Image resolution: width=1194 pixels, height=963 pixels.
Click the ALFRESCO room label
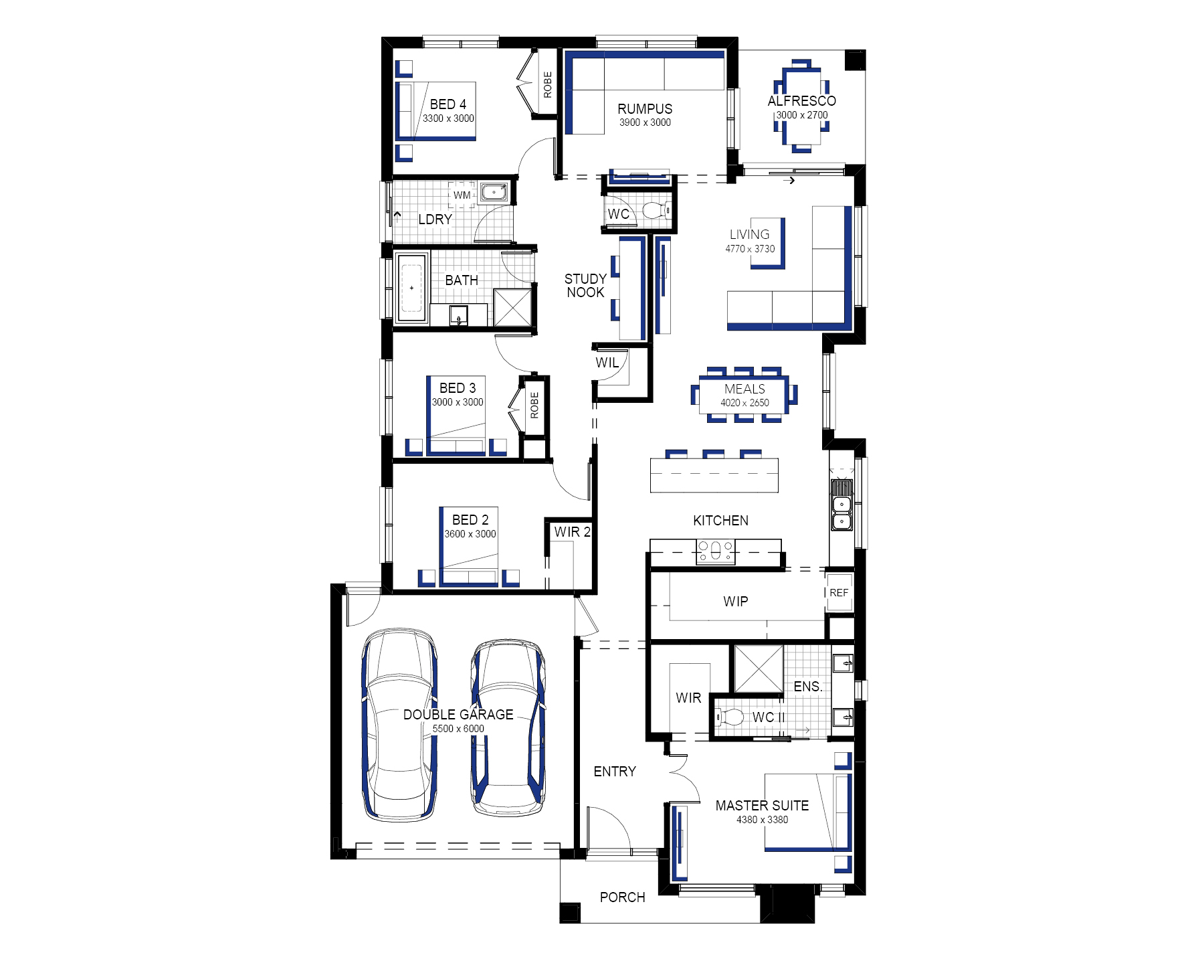801,101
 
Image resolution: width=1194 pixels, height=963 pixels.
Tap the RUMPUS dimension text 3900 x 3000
645,122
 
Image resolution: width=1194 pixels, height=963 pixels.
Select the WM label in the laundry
462,195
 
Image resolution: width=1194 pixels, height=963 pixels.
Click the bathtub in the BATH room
411,288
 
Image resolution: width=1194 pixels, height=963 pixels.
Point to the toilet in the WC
655,211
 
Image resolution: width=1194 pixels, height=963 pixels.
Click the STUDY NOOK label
585,286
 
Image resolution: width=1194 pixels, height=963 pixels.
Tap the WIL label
607,363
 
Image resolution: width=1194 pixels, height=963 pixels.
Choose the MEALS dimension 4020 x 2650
744,403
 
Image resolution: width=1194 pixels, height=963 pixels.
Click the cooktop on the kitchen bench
716,551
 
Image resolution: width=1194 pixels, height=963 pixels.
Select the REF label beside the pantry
839,593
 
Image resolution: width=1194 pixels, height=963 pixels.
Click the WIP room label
736,602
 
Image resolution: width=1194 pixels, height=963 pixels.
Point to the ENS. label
808,687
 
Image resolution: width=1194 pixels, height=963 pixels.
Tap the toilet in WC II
729,717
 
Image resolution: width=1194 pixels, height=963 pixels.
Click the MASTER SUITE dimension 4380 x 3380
762,820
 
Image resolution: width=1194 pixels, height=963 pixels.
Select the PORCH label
623,897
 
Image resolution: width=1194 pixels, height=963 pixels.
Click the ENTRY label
615,772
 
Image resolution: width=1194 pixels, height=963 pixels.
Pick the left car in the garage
399,724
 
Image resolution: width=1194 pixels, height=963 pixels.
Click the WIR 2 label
573,532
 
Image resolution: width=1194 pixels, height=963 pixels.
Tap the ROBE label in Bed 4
548,85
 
